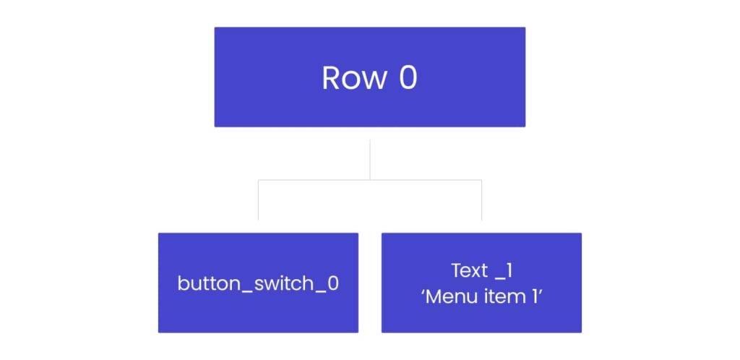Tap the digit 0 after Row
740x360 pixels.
(x=408, y=78)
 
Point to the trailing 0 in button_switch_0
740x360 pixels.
(x=332, y=283)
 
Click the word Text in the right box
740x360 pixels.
(x=470, y=270)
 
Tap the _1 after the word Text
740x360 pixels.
(x=504, y=272)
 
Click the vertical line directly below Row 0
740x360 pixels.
(x=370, y=159)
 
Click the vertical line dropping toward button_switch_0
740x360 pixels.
(x=258, y=200)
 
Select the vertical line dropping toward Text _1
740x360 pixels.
(x=482, y=200)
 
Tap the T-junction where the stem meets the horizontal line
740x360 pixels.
(x=370, y=180)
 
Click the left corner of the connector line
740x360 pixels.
(x=258, y=180)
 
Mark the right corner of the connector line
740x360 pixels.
(x=482, y=180)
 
